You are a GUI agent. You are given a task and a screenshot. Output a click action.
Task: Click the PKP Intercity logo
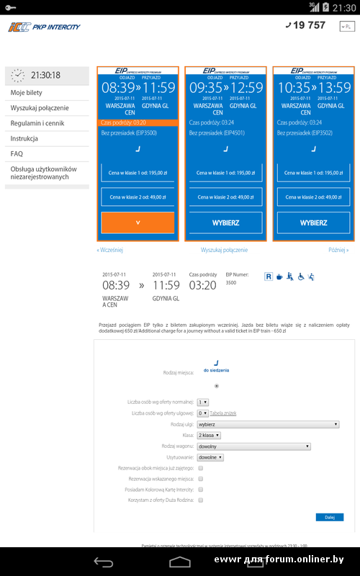[44, 27]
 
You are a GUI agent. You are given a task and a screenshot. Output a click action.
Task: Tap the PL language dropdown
[346, 27]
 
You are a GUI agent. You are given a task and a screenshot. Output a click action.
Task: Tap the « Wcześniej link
[110, 250]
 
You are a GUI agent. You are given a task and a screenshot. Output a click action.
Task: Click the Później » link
[338, 250]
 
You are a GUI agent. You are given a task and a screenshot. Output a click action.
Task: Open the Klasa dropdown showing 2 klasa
[209, 436]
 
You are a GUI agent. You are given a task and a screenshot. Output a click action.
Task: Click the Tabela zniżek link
[223, 413]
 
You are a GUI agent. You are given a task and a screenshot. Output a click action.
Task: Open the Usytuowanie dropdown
[211, 457]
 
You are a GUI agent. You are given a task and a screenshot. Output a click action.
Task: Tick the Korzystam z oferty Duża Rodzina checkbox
[201, 499]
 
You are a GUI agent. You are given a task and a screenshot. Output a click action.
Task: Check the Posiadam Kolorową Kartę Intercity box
[201, 489]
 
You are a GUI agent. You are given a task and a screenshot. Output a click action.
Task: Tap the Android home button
[180, 562]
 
